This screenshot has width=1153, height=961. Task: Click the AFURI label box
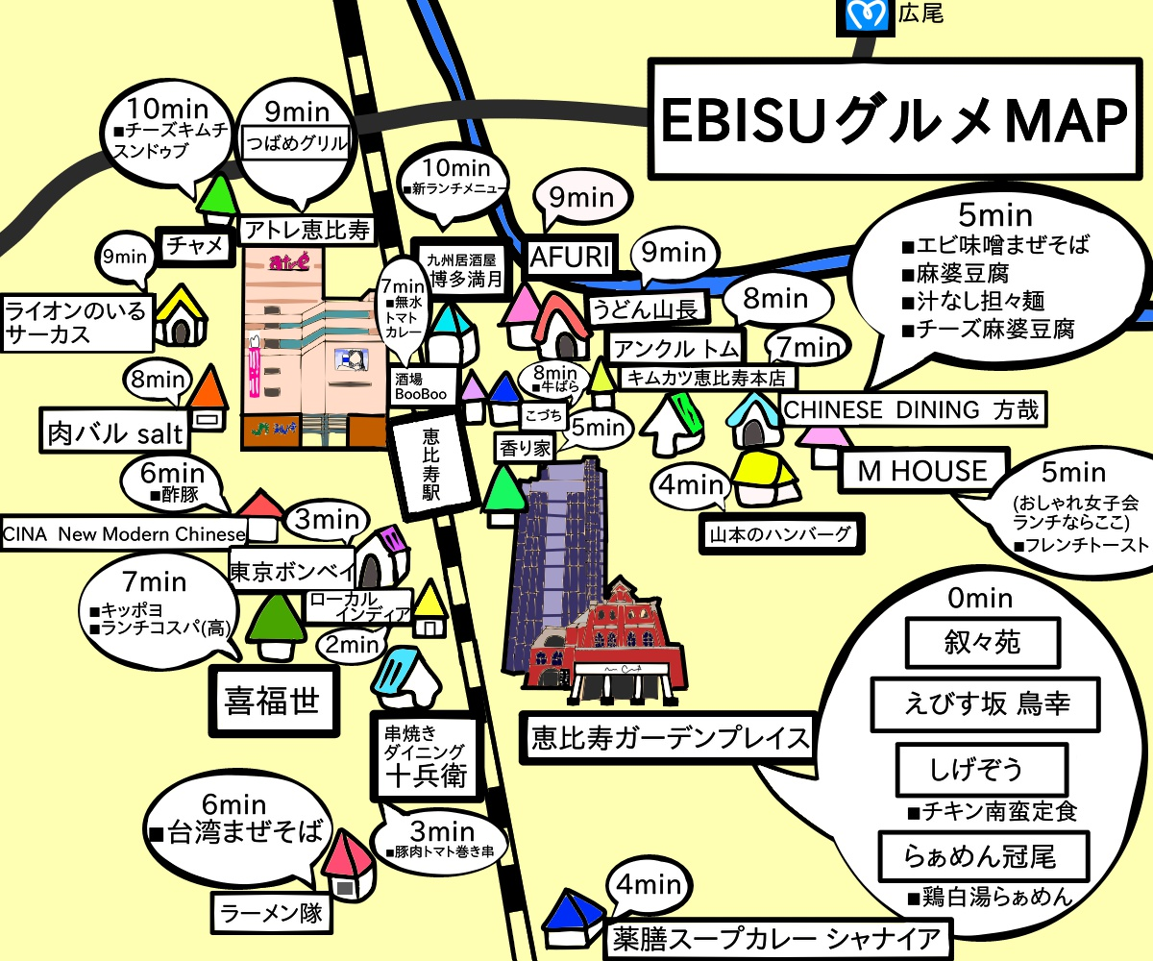570,257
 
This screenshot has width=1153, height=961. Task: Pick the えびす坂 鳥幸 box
971,704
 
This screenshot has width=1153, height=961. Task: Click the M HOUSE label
923,471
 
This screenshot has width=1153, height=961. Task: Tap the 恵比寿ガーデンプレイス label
669,738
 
